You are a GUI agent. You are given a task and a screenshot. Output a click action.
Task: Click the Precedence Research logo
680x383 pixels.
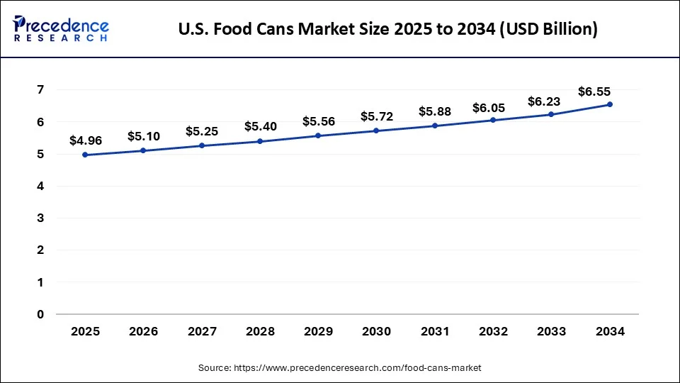pyautogui.click(x=61, y=28)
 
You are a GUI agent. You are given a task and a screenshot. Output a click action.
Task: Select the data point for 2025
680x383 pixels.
pyautogui.click(x=85, y=155)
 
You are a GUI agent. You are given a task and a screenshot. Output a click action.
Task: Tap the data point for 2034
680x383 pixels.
pyautogui.click(x=610, y=104)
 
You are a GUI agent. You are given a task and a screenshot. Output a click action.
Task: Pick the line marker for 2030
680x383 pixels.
pyautogui.click(x=376, y=131)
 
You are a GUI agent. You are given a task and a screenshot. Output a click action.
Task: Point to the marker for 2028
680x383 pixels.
pyautogui.click(x=260, y=141)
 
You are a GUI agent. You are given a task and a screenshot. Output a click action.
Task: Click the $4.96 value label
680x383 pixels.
pyautogui.click(x=85, y=141)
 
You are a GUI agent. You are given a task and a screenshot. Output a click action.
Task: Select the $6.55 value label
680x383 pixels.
pyautogui.click(x=594, y=91)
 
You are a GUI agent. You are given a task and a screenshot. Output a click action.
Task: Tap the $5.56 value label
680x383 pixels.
pyautogui.click(x=318, y=121)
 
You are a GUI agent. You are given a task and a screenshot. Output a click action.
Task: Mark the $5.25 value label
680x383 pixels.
pyautogui.click(x=202, y=131)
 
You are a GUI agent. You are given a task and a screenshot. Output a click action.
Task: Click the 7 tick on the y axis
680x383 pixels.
pyautogui.click(x=41, y=90)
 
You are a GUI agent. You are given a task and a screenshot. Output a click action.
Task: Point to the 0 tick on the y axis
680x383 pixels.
pyautogui.click(x=41, y=314)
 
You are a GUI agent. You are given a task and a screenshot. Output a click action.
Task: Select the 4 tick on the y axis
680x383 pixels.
pyautogui.click(x=41, y=187)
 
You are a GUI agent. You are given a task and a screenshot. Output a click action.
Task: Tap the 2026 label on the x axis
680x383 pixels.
pyautogui.click(x=143, y=332)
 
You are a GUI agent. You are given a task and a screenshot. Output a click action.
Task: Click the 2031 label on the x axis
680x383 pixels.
pyautogui.click(x=434, y=332)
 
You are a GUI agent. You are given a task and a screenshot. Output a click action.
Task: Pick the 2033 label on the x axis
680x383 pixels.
pyautogui.click(x=551, y=332)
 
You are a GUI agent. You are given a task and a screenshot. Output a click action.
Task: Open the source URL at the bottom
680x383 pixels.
pyautogui.click(x=339, y=368)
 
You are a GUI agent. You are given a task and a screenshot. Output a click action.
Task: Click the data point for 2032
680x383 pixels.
pyautogui.click(x=493, y=120)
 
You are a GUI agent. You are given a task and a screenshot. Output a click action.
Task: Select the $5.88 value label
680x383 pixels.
pyautogui.click(x=434, y=111)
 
